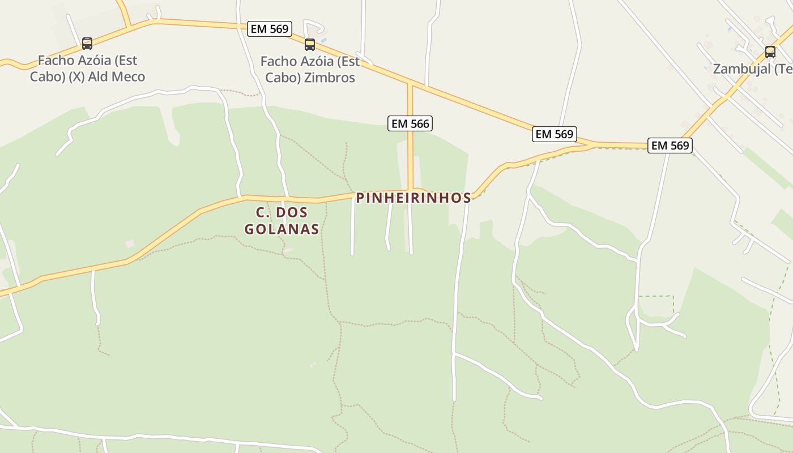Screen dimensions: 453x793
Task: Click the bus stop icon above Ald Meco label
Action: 87,43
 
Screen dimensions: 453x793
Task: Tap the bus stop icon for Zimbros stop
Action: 309,44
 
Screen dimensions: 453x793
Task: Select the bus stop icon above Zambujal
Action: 770,52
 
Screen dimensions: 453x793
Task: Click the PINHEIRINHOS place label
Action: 413,198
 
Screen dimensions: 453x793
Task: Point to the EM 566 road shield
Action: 410,123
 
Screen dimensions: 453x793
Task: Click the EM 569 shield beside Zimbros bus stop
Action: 270,29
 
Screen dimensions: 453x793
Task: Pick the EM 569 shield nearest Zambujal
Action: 670,146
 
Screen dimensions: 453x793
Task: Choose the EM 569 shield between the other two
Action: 555,134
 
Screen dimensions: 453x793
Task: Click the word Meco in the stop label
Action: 129,76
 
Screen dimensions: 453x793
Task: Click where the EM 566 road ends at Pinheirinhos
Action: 410,191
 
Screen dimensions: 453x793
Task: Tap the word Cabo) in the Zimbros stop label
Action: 283,78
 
